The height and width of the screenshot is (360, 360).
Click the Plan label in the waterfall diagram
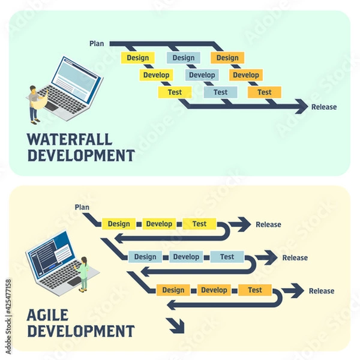pyautogui.click(x=96, y=43)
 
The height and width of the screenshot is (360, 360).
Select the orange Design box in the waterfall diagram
pyautogui.click(x=227, y=58)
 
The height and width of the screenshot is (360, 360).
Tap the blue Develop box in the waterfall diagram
pyautogui.click(x=202, y=75)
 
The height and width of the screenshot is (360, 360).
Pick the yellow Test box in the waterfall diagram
pyautogui.click(x=175, y=92)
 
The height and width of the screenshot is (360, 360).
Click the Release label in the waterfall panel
pyautogui.click(x=324, y=107)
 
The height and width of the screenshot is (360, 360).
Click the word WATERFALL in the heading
pyautogui.click(x=70, y=140)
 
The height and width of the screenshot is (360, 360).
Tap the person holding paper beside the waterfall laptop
pyautogui.click(x=35, y=103)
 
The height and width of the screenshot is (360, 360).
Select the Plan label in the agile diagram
pyautogui.click(x=82, y=208)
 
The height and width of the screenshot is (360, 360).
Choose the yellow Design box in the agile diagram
pyautogui.click(x=119, y=224)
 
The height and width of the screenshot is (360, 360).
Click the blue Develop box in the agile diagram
pyautogui.click(x=186, y=257)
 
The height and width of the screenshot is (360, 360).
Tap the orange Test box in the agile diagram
pyautogui.click(x=255, y=290)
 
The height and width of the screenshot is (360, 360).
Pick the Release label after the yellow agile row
pyautogui.click(x=268, y=225)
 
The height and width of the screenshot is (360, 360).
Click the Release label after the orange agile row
pyautogui.click(x=322, y=291)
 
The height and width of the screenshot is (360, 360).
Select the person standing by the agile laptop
pyautogui.click(x=84, y=274)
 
